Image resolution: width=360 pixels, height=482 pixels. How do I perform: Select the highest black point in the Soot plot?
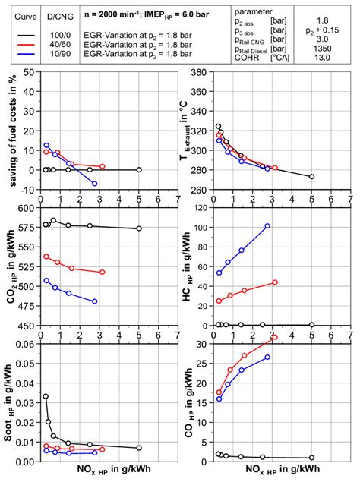(46, 396)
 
